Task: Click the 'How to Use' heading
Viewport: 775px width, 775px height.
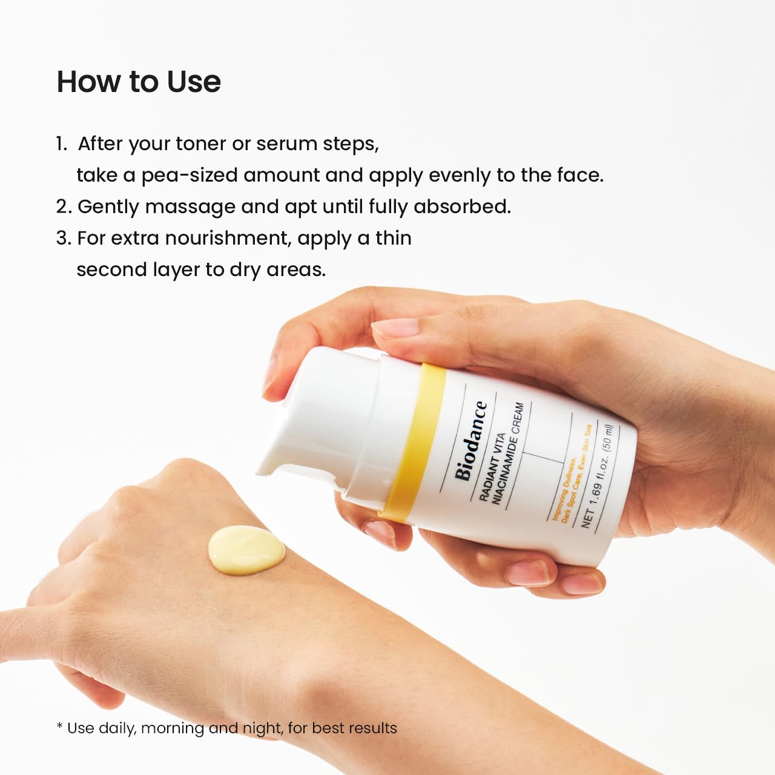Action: pos(139,82)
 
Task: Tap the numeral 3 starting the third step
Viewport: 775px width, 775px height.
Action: pos(62,238)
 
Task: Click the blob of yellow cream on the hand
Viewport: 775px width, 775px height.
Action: pos(246,549)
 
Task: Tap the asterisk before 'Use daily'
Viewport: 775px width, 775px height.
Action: pos(59,727)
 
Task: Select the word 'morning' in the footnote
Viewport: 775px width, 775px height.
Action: pos(172,728)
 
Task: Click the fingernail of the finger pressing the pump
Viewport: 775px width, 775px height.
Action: pos(397,328)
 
